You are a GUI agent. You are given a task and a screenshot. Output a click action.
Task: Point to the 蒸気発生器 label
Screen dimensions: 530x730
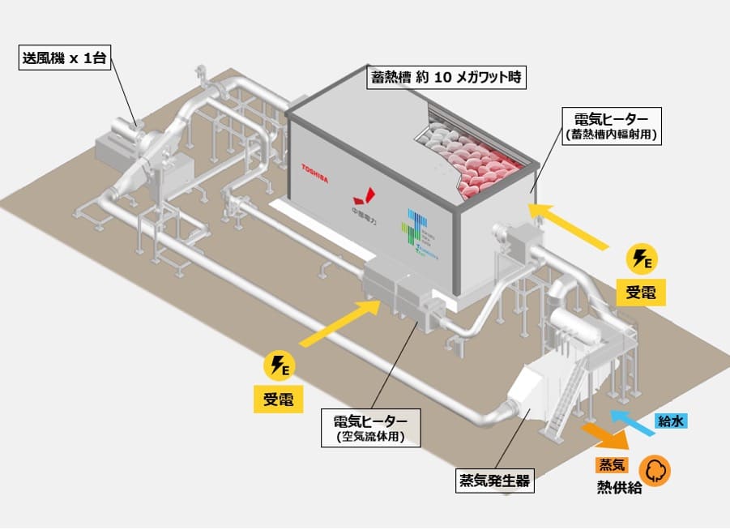pyautogui.click(x=496, y=481)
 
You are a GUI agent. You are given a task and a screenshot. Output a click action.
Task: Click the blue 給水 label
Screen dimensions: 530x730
pyautogui.click(x=672, y=421)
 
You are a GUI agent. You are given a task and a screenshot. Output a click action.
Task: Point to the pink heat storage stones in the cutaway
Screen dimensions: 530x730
pyautogui.click(x=478, y=158)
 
